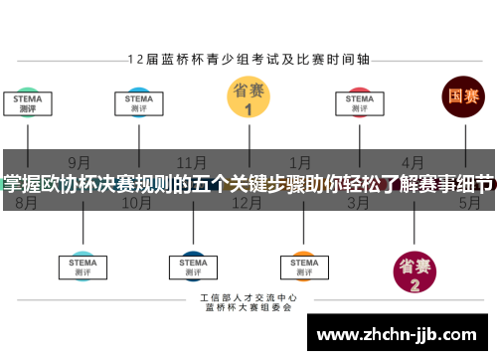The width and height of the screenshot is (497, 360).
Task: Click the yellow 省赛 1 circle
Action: click(248, 99)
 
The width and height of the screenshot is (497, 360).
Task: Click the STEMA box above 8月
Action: click(28, 103)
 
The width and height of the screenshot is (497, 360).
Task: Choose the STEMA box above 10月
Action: click(138, 103)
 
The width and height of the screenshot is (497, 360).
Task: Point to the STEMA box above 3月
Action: click(360, 103)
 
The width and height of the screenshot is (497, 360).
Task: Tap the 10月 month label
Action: click(136, 203)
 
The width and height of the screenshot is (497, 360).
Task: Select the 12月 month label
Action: click(247, 203)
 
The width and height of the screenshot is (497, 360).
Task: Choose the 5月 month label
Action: click(469, 203)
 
